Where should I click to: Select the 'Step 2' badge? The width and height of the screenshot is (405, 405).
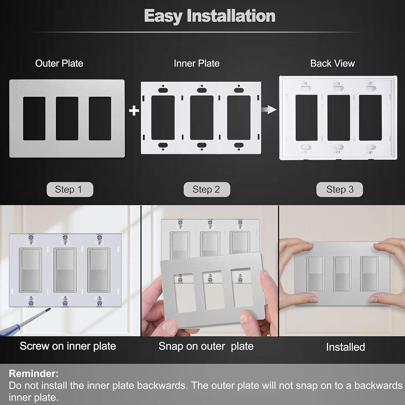click(207, 189)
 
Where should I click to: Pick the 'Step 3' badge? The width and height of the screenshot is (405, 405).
click(339, 189)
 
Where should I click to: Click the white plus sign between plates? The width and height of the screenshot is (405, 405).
click(134, 111)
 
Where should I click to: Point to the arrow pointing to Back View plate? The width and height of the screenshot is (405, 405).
click(269, 110)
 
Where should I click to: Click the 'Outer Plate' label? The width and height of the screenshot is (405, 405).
click(59, 63)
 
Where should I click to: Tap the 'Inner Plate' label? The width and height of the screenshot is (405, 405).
click(197, 63)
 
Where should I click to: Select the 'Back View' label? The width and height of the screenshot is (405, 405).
click(332, 63)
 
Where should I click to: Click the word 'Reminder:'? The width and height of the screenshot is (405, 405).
click(33, 373)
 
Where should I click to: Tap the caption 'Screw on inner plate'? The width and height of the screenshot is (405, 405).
click(68, 346)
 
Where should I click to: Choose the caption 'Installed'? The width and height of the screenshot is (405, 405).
click(345, 347)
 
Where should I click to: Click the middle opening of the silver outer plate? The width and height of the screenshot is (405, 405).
click(67, 118)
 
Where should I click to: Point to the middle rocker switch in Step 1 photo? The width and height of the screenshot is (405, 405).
click(65, 270)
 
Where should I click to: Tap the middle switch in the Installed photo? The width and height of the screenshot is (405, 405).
click(342, 274)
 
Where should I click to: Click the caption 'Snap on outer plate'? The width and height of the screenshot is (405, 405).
click(206, 346)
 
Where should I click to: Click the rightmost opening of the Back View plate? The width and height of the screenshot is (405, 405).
click(370, 118)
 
